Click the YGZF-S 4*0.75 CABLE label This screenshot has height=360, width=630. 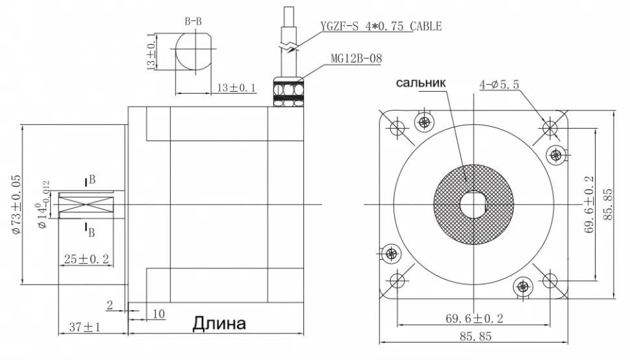(381, 27)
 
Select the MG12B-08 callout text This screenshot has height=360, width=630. (356, 58)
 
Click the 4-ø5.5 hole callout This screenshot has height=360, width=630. (501, 84)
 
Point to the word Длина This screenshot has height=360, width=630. (219, 323)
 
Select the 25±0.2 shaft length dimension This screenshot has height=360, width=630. (86, 259)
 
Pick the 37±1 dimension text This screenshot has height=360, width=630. (84, 327)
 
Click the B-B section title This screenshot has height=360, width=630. (193, 21)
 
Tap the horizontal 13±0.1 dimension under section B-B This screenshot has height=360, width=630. (236, 88)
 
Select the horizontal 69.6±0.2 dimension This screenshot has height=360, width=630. (474, 318)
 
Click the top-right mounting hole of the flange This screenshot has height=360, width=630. (550, 127)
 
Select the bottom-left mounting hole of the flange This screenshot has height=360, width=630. (397, 281)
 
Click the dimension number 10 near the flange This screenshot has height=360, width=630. (160, 314)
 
